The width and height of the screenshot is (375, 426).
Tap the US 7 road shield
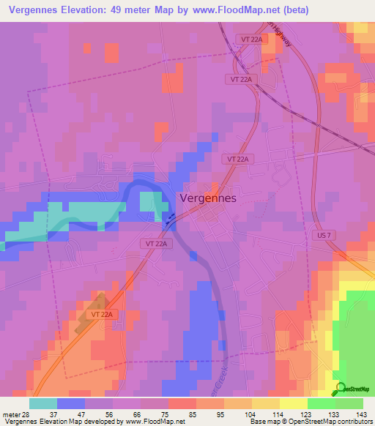point(325,235)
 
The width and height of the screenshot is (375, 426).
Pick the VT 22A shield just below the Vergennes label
point(155,242)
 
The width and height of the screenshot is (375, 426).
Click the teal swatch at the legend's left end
point(42,403)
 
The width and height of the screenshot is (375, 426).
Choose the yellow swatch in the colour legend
point(293,403)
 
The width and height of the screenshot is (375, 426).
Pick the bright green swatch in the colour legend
point(321,403)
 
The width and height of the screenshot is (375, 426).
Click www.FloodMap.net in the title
point(229,10)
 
